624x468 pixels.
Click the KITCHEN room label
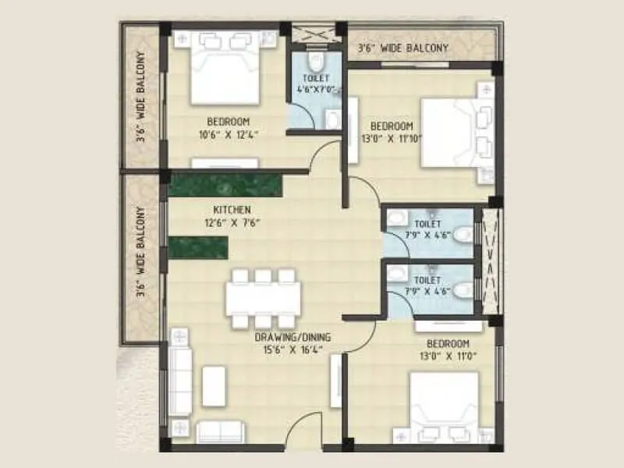coord(232,210)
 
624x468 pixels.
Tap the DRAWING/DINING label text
coord(292,338)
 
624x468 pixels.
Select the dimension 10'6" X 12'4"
coord(228,133)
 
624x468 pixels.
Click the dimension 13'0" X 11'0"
coord(448,356)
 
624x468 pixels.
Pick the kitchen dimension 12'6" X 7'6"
coord(232,222)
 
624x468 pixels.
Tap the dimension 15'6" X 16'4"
coord(292,350)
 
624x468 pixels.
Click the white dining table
coord(264,298)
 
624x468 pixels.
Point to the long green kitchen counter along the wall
coord(225,185)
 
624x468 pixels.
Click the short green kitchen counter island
coord(198,247)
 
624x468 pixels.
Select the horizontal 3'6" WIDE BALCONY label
coord(402,49)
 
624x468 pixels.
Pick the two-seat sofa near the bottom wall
coord(220,431)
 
